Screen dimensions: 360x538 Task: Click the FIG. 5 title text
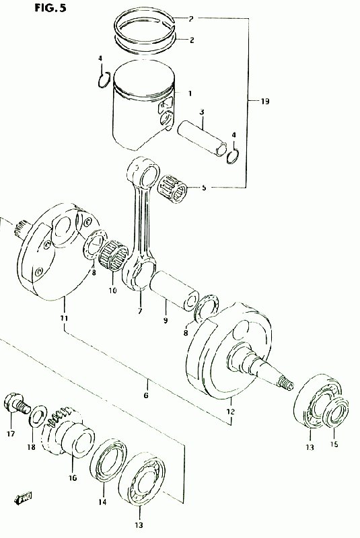pos(50,7)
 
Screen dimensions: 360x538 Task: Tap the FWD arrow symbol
pos(24,497)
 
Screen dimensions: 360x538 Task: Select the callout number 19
pos(264,102)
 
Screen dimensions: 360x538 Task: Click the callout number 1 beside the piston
pos(190,93)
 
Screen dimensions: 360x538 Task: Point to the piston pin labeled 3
pos(202,137)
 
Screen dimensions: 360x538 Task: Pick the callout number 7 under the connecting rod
pos(140,311)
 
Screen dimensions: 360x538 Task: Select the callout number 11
pos(64,317)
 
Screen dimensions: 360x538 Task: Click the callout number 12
pos(230,412)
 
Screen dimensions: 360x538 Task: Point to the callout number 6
pos(146,395)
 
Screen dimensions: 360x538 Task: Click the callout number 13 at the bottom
pos(139,525)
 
